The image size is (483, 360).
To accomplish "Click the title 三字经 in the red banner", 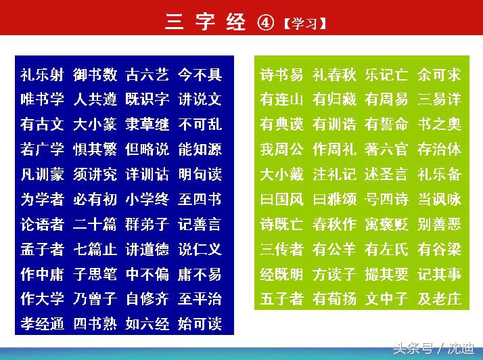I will pos(206,22).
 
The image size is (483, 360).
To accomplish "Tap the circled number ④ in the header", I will pos(266,23).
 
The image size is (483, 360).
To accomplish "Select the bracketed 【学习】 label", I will pos(305,24).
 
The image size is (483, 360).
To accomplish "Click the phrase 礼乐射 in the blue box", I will pos(42,74).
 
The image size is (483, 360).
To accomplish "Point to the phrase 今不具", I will pos(200,74).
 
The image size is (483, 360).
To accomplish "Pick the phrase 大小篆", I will pos(95,125).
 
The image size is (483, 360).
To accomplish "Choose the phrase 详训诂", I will pos(147,175).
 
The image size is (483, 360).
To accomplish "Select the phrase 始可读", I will pos(200,324).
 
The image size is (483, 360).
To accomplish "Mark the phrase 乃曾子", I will pos(95,299).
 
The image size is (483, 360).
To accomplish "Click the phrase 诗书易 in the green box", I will pos(281,74).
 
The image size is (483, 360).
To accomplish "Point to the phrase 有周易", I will pos(386,99).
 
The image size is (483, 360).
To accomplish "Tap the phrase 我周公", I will pos(281,150).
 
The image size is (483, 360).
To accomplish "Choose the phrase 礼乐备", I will pos(439,175).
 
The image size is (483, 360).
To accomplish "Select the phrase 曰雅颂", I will pos(334,200).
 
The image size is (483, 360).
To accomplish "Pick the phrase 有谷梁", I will pos(439,250).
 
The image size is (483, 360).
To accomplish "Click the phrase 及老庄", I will pos(439,298).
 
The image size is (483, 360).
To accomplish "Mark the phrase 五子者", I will pos(281,298).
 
